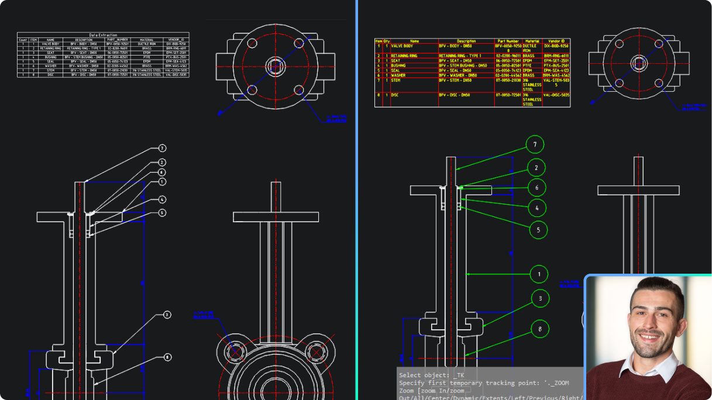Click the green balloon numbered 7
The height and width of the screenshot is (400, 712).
535,144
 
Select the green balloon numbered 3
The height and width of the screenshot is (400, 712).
540,298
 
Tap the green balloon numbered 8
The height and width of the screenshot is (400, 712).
540,329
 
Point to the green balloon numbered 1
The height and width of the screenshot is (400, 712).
539,274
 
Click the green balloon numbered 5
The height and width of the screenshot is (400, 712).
538,230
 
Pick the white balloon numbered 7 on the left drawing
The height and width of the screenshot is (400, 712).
162,149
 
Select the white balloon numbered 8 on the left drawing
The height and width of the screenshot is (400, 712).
167,357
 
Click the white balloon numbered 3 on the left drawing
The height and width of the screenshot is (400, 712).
167,315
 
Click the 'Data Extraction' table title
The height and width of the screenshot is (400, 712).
103,35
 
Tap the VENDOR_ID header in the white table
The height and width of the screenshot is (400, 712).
176,40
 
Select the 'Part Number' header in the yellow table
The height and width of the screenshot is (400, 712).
508,41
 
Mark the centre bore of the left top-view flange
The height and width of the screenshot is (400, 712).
275,64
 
